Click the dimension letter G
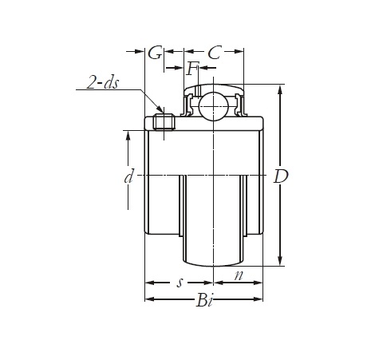(155, 53)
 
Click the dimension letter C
(215, 53)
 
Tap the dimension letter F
(193, 69)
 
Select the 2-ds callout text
(103, 83)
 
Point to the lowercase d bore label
(128, 176)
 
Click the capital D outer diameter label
(281, 176)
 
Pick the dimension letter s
(180, 283)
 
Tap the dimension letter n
(239, 275)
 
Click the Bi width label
(204, 301)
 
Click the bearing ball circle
(214, 106)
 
